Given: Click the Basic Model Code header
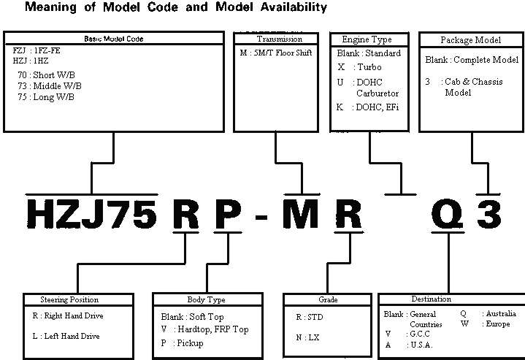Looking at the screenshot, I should (x=112, y=39).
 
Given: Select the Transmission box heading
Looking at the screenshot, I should (x=277, y=39).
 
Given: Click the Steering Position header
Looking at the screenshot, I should (x=69, y=299).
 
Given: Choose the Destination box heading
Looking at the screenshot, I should (x=431, y=299).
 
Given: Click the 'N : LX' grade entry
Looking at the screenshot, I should (x=308, y=337).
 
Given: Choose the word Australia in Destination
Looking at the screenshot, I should (x=499, y=314).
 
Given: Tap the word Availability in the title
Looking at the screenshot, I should (x=280, y=8).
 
